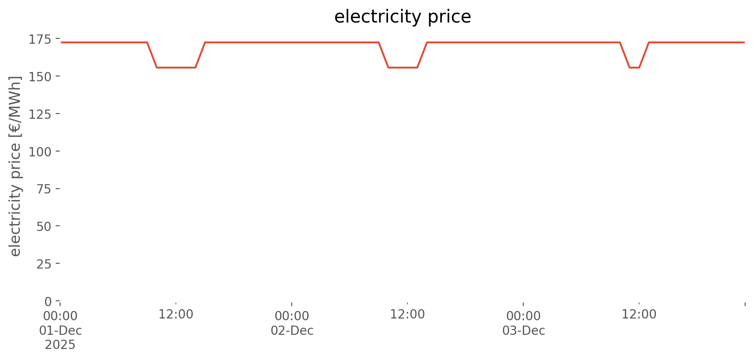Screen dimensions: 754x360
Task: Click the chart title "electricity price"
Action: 403,17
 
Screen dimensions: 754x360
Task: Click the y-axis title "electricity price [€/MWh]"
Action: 15,166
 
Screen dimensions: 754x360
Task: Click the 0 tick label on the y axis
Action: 48,302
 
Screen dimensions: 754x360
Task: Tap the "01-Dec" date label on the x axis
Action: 60,331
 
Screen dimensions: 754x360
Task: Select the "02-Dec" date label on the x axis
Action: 292,331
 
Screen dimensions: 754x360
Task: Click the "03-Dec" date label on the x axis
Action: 523,331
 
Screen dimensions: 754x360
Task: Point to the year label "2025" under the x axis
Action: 60,345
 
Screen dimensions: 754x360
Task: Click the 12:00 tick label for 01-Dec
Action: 176,315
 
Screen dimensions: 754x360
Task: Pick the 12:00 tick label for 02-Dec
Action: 407,315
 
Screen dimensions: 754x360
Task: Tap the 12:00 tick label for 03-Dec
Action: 639,315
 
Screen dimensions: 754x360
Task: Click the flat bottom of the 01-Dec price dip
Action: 176,68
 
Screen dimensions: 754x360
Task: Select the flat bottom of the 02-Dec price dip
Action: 403,68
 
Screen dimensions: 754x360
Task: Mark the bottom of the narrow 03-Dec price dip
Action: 634,68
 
